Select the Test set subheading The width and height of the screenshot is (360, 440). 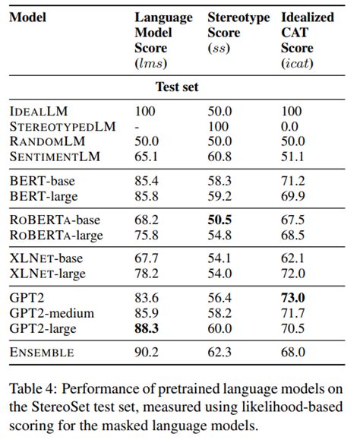pyautogui.click(x=177, y=87)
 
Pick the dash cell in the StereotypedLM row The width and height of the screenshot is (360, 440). pyautogui.click(x=137, y=126)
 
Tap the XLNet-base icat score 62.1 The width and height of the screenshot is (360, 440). pyautogui.click(x=292, y=259)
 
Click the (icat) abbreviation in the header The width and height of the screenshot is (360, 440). pyautogui.click(x=297, y=62)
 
